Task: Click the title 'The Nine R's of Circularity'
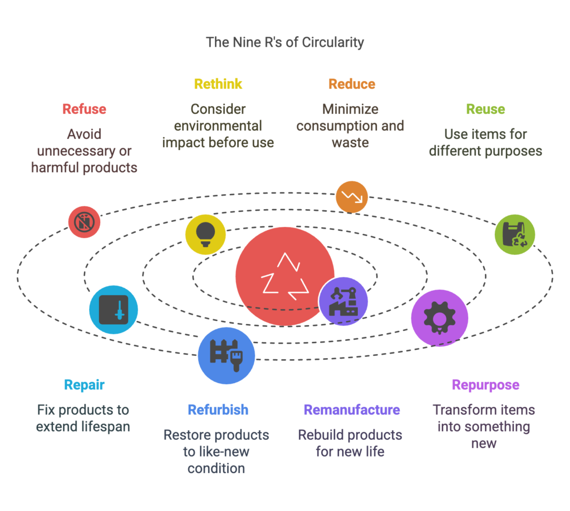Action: tap(285, 42)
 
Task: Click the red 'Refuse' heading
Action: tap(85, 109)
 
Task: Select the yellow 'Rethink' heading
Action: tap(218, 84)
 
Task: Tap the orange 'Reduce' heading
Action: tap(352, 84)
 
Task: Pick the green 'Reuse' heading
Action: tap(485, 109)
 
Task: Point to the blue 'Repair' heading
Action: tap(84, 385)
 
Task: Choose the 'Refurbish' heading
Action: tap(218, 410)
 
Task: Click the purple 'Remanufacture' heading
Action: tap(351, 410)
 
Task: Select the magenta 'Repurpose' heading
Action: tap(485, 385)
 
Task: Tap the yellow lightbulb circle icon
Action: tap(205, 234)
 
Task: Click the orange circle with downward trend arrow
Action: tap(352, 196)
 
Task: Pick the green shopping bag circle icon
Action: tap(515, 234)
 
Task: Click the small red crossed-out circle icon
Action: tap(84, 222)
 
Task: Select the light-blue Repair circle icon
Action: tap(114, 310)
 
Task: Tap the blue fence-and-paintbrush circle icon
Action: tap(227, 355)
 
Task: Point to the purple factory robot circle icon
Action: tap(343, 301)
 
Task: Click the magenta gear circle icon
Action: tap(439, 317)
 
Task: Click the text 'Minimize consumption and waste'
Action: tap(350, 126)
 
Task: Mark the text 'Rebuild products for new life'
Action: tap(350, 443)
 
